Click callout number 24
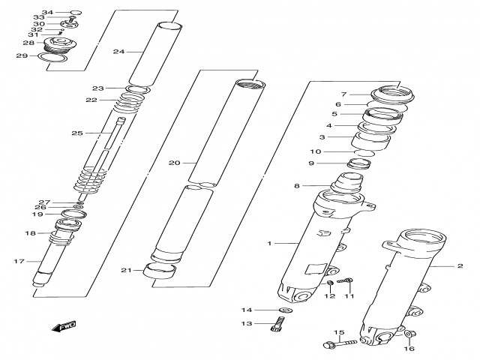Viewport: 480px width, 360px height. (118, 52)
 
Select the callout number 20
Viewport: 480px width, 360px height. (175, 163)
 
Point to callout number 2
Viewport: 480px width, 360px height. (460, 265)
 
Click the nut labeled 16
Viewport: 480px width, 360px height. (409, 336)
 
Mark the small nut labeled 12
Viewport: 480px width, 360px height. (328, 283)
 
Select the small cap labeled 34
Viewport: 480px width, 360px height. (75, 13)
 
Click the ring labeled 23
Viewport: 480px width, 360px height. (135, 90)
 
